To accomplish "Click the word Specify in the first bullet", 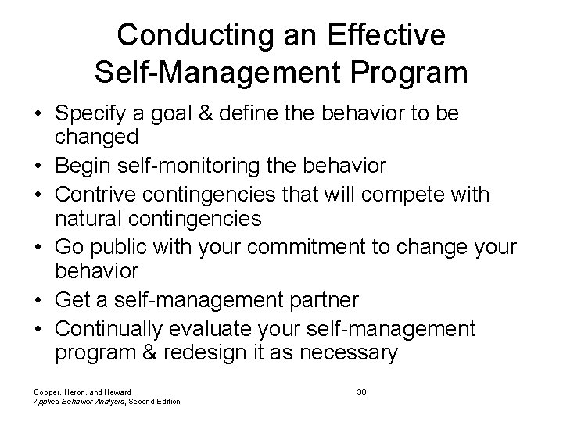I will click(89, 115).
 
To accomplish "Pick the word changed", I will click(96, 137).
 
